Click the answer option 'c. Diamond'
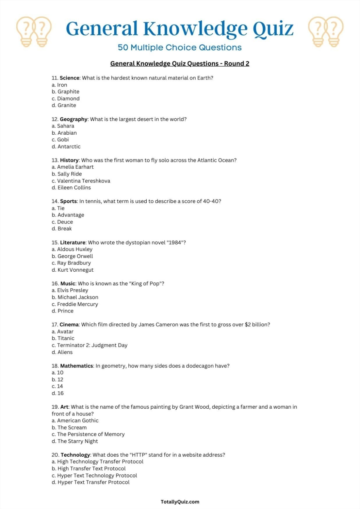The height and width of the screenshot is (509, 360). click(x=65, y=99)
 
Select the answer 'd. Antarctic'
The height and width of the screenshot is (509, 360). click(x=66, y=147)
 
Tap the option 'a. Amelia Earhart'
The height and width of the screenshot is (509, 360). click(x=72, y=167)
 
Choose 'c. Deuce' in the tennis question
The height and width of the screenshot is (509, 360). click(x=62, y=222)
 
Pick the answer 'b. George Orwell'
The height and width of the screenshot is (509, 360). click(x=72, y=256)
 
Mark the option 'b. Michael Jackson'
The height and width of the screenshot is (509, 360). click(x=75, y=297)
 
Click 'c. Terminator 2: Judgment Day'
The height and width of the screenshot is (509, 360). click(x=89, y=345)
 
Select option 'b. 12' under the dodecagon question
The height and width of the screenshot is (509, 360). click(x=57, y=380)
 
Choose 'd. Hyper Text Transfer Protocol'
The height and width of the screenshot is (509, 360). click(x=91, y=482)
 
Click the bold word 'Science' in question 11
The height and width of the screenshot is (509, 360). click(x=69, y=78)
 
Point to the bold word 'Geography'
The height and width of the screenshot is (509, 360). click(x=73, y=119)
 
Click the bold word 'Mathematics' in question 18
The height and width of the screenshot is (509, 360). click(x=76, y=366)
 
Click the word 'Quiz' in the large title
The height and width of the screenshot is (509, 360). click(x=273, y=29)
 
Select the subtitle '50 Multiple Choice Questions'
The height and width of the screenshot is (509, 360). click(x=180, y=47)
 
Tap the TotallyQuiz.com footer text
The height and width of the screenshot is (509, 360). click(x=180, y=502)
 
